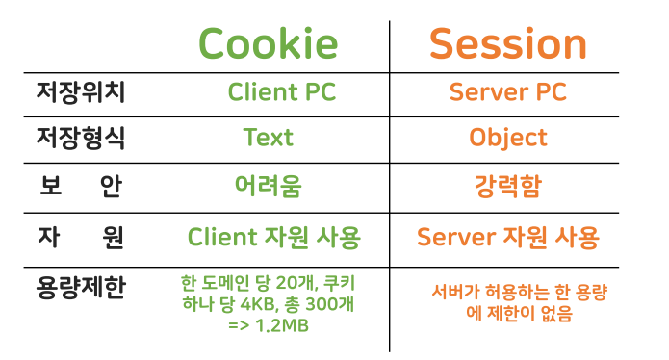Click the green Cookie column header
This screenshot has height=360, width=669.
268,44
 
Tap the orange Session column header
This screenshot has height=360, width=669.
507,44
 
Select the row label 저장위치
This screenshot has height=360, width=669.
81,92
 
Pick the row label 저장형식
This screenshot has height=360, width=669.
81,138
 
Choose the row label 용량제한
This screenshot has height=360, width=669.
81,287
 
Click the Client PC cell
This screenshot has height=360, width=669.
268,92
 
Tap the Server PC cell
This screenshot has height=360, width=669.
507,92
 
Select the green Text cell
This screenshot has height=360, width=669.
268,138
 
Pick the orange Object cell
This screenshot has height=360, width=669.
507,138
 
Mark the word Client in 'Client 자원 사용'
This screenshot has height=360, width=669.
220,237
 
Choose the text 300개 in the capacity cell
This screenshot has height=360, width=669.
326,306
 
